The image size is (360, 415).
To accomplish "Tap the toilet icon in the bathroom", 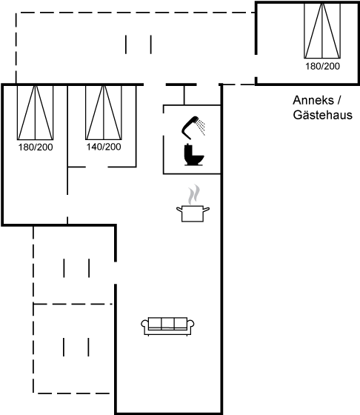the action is pos(194,155).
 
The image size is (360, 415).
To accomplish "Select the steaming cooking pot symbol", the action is pos(193,203).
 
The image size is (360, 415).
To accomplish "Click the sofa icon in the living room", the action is pos(167,326).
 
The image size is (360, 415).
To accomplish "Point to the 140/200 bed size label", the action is pos(104,147).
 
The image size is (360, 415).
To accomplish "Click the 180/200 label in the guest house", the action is pos(322,66).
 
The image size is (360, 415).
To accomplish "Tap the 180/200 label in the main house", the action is pos(36,147).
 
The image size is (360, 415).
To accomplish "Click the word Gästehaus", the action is pos(323,115).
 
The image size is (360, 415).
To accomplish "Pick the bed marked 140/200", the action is pos(104,113).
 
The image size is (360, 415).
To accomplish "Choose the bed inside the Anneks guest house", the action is pos(322,30).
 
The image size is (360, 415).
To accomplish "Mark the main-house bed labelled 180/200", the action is pos(35,113).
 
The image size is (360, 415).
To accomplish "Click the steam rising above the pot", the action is pos(194,194).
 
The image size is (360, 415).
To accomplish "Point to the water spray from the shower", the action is pos(201,127).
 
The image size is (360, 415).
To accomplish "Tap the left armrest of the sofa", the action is pos(145,325).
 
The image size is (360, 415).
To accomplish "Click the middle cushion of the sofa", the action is pos(167,323).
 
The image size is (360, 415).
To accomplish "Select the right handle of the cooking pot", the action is pos(206,209).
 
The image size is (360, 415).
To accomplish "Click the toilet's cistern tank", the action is pos(188,149).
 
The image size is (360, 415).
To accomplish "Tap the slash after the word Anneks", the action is pos(339,101).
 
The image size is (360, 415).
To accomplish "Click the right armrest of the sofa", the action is pos(190,325).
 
